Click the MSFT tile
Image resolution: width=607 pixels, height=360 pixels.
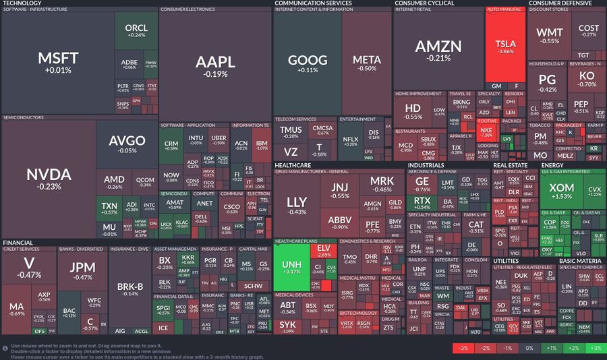tap(58, 62)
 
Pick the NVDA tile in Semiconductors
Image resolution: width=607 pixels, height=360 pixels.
tap(49, 179)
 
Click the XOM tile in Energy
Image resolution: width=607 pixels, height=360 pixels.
tap(561, 191)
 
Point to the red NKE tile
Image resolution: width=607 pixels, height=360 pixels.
tap(486, 131)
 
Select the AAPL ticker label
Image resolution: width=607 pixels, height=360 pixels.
tap(216, 63)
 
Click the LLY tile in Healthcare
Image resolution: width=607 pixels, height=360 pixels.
tap(297, 205)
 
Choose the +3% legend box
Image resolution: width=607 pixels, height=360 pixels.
tap(595, 348)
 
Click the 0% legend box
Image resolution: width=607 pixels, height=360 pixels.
tap(529, 348)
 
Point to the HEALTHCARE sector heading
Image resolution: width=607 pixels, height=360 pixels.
tap(293, 165)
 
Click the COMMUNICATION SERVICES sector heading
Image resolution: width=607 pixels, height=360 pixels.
tap(314, 3)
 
